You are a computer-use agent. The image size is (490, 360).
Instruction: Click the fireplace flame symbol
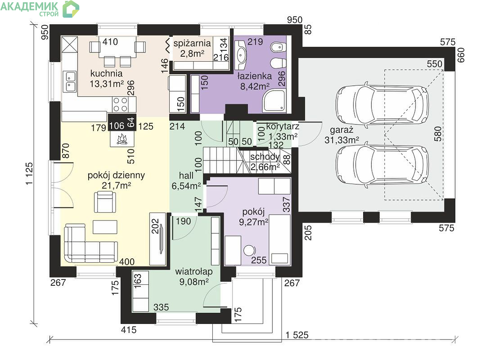[122, 139]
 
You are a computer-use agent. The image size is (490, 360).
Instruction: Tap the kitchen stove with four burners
[120, 104]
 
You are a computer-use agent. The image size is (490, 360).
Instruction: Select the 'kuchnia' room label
[106, 73]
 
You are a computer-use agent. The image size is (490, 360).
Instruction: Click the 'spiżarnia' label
[192, 44]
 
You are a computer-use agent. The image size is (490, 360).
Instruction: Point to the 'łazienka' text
[254, 76]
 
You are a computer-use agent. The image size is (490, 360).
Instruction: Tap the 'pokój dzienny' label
[116, 175]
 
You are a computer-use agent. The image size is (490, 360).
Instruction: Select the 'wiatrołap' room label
[194, 271]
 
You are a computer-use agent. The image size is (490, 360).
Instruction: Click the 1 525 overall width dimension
[297, 335]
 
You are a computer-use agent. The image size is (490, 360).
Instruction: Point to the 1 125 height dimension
[29, 174]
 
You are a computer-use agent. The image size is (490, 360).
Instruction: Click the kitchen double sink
[70, 81]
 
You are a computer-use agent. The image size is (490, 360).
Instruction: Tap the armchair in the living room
[105, 202]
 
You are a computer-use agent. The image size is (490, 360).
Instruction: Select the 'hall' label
[186, 175]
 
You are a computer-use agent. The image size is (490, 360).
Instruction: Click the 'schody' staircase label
[265, 157]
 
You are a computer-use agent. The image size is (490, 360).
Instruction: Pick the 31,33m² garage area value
[342, 140]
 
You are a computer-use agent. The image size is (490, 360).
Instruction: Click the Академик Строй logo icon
[71, 9]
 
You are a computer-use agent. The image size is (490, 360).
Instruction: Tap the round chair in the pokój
[249, 251]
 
